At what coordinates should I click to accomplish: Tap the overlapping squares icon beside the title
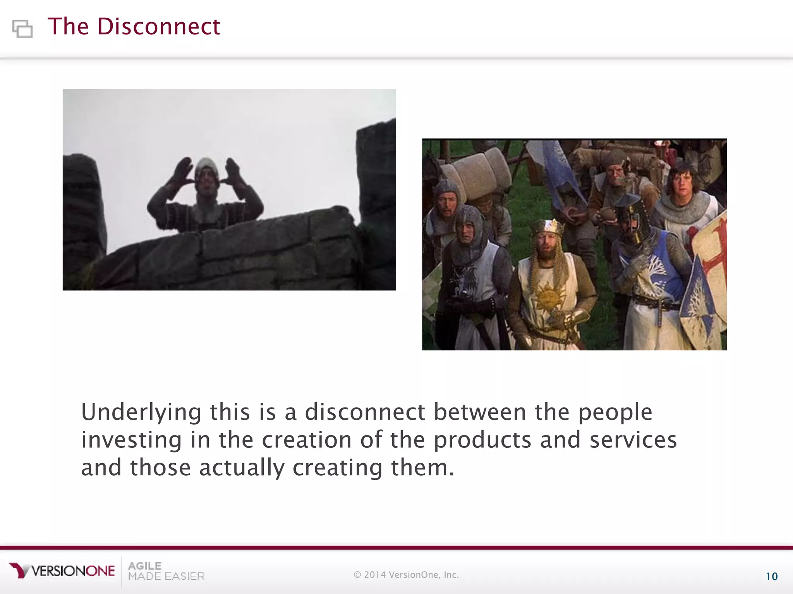click(x=22, y=29)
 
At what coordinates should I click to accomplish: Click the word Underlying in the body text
click(x=141, y=412)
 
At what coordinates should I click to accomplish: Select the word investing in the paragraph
click(x=131, y=440)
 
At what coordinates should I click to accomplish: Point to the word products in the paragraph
click(x=482, y=440)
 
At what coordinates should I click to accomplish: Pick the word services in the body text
click(x=633, y=440)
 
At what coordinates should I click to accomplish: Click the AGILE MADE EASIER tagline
click(x=166, y=571)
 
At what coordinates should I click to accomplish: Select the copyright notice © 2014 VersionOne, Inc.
click(x=406, y=575)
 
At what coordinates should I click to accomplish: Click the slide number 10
click(x=771, y=577)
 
